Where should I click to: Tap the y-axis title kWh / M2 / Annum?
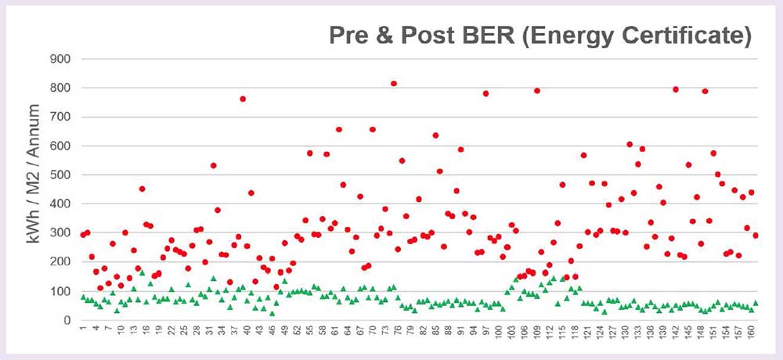point(35,187)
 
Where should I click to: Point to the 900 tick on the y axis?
point(60,59)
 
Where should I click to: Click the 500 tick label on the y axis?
point(60,175)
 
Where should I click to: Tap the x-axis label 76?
point(399,335)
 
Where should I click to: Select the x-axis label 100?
point(499,337)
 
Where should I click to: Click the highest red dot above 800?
point(394,84)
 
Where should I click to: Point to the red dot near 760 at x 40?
point(243,99)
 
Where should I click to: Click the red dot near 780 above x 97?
point(485,94)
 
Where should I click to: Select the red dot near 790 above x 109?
point(537,91)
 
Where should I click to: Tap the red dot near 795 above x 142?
point(676,89)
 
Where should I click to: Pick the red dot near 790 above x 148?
point(705,91)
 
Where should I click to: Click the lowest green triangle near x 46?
point(272,313)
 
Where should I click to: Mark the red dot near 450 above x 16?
point(142,189)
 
